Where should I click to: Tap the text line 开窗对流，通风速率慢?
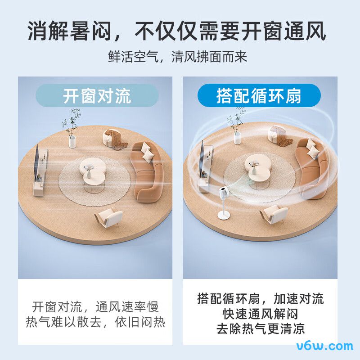(95, 307)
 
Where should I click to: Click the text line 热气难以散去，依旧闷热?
(95, 323)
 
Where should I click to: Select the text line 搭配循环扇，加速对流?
(260, 298)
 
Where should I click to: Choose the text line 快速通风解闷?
(260, 313)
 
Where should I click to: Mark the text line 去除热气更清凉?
(260, 328)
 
